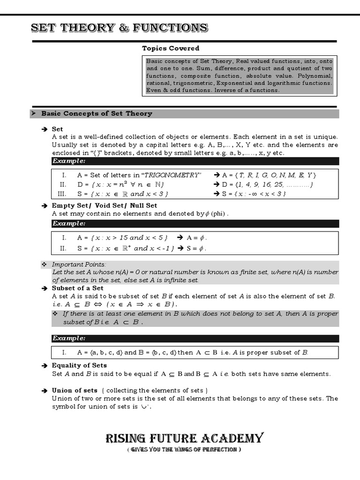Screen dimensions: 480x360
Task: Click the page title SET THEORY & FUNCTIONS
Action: [x=119, y=28]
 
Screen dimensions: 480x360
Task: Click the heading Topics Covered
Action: [x=171, y=48]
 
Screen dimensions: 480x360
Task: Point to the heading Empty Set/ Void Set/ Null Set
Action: [x=104, y=205]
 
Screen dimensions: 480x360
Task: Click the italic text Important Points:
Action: [x=79, y=264]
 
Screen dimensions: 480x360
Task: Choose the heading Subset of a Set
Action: [x=77, y=288]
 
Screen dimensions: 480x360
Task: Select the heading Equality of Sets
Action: [x=79, y=365]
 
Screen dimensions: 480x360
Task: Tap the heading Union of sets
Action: [x=75, y=390]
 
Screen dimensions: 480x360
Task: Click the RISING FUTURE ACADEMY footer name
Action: [x=184, y=438]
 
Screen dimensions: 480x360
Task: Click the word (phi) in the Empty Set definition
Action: [x=218, y=214]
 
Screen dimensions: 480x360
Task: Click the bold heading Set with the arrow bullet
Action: [x=57, y=129]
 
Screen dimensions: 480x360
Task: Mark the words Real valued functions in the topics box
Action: [x=266, y=61]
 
